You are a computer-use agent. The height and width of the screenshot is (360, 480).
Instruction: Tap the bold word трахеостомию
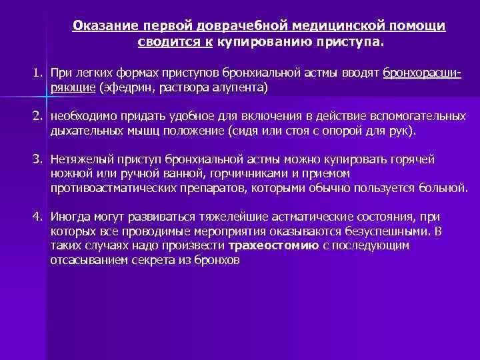268,246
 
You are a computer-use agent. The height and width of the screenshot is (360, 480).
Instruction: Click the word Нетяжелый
79,159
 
